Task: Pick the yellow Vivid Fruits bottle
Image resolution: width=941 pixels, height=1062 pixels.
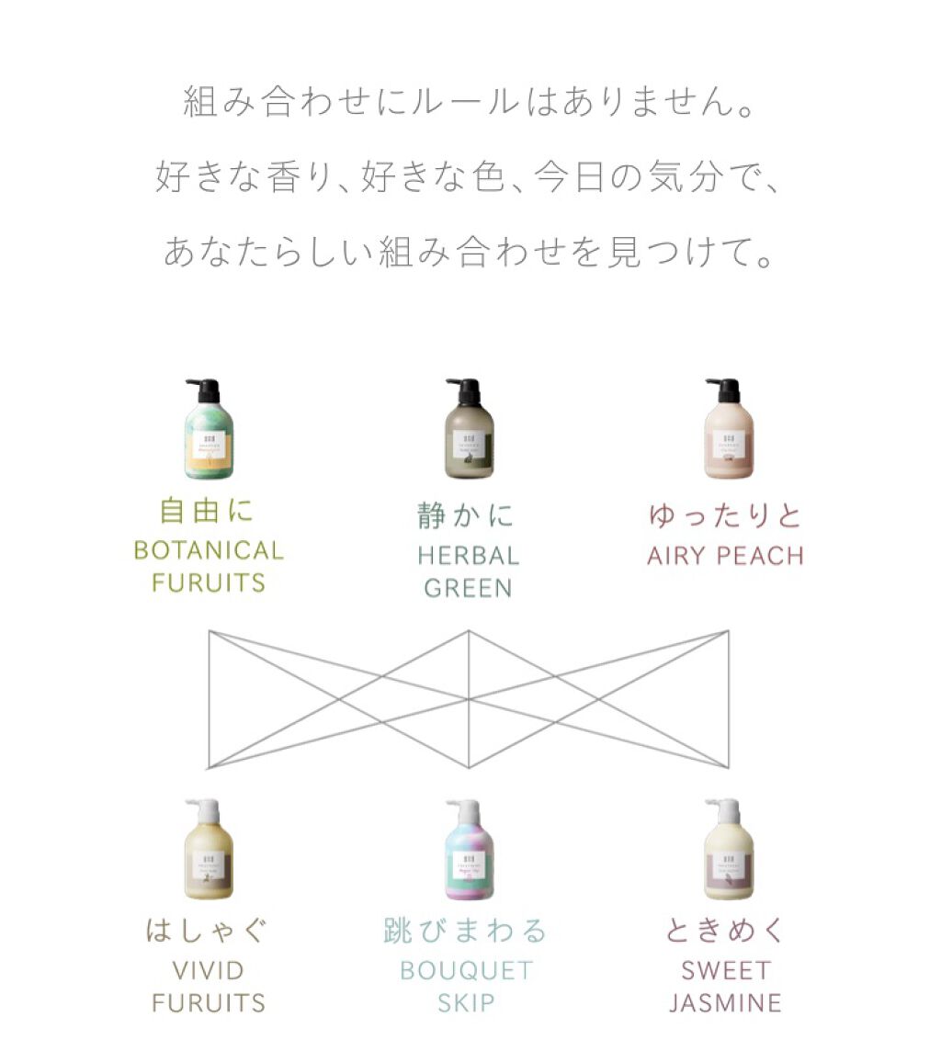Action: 208,859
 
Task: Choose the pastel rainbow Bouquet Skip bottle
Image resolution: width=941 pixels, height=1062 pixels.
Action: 468,859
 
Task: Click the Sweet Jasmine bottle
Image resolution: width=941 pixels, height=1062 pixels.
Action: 728,859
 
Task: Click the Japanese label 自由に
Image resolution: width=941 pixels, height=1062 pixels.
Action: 208,511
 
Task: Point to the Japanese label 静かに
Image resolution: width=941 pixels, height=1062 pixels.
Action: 467,515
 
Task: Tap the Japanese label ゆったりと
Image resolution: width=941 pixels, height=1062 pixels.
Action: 725,515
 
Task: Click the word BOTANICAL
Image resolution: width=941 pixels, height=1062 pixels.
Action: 209,551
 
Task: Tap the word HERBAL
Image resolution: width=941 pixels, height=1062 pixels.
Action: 468,556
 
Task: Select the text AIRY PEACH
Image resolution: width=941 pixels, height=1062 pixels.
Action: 725,556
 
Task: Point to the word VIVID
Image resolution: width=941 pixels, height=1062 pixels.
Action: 209,971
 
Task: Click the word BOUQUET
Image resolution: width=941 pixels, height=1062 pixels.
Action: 467,971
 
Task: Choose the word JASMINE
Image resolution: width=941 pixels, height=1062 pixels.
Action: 726,1002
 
